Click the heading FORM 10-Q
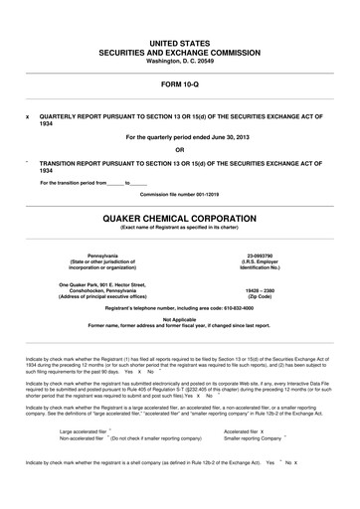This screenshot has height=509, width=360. click(x=180, y=85)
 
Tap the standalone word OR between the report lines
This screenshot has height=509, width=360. click(x=180, y=150)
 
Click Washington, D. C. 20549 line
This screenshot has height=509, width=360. click(x=180, y=60)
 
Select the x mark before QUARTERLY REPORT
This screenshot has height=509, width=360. click(x=27, y=115)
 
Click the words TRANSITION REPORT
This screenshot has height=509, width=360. click(x=68, y=164)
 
